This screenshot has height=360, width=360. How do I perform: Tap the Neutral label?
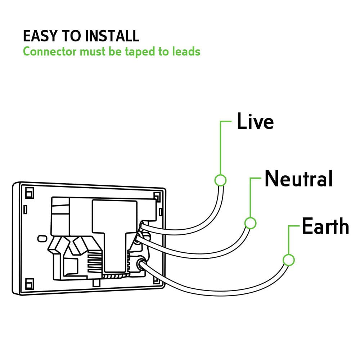tap(298, 179)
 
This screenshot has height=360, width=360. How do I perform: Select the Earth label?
tap(325, 226)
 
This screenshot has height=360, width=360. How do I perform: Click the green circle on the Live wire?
tap(220, 180)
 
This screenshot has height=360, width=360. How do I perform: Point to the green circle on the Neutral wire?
tap(250, 223)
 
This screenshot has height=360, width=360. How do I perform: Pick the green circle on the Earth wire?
tap(288, 260)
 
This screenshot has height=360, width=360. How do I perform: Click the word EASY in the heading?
tap(40, 36)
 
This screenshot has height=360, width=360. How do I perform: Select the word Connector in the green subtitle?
tap(50, 51)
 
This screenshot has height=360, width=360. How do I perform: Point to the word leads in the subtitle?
tap(184, 51)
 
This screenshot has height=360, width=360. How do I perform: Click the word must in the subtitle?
tap(92, 51)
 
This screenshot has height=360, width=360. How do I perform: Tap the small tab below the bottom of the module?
tap(96, 283)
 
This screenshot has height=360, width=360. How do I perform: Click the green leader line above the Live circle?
tap(220, 148)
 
